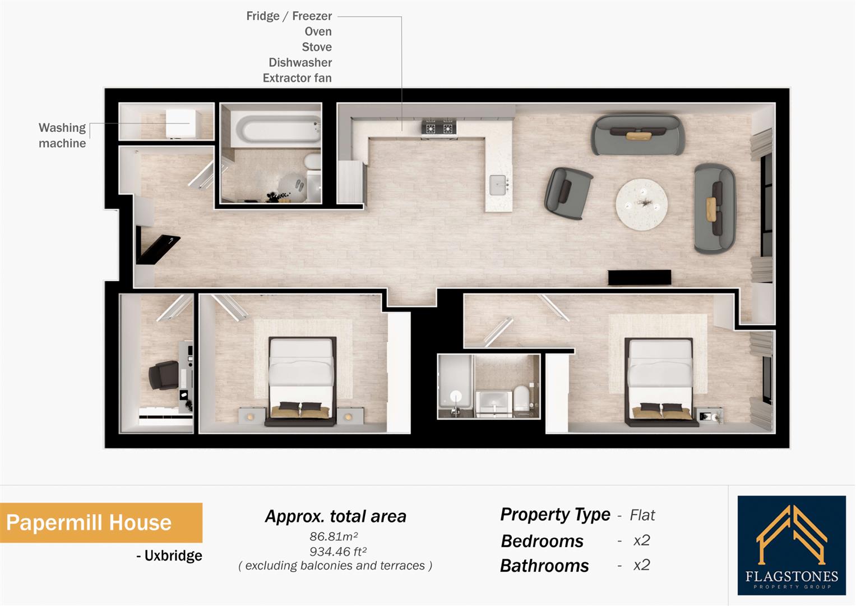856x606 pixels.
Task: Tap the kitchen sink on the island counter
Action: click(x=499, y=185)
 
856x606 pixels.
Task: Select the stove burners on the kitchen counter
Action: click(x=439, y=127)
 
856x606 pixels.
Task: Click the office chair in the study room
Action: click(x=163, y=375)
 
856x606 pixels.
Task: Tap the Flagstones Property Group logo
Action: click(x=791, y=545)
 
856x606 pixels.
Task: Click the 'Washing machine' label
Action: click(x=62, y=135)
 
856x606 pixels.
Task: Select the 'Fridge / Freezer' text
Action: click(x=289, y=16)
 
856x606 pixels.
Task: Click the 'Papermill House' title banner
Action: click(x=90, y=522)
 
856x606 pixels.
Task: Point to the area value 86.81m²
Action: click(x=335, y=536)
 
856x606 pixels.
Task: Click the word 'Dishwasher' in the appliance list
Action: click(x=300, y=62)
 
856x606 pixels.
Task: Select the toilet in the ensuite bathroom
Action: click(x=521, y=396)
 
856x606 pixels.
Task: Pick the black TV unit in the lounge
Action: click(x=640, y=277)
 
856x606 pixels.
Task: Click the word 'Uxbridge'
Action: click(x=173, y=555)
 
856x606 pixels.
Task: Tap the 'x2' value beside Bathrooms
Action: click(x=641, y=564)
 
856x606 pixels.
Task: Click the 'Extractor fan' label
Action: click(x=297, y=78)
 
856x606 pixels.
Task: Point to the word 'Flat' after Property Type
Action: click(x=642, y=515)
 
